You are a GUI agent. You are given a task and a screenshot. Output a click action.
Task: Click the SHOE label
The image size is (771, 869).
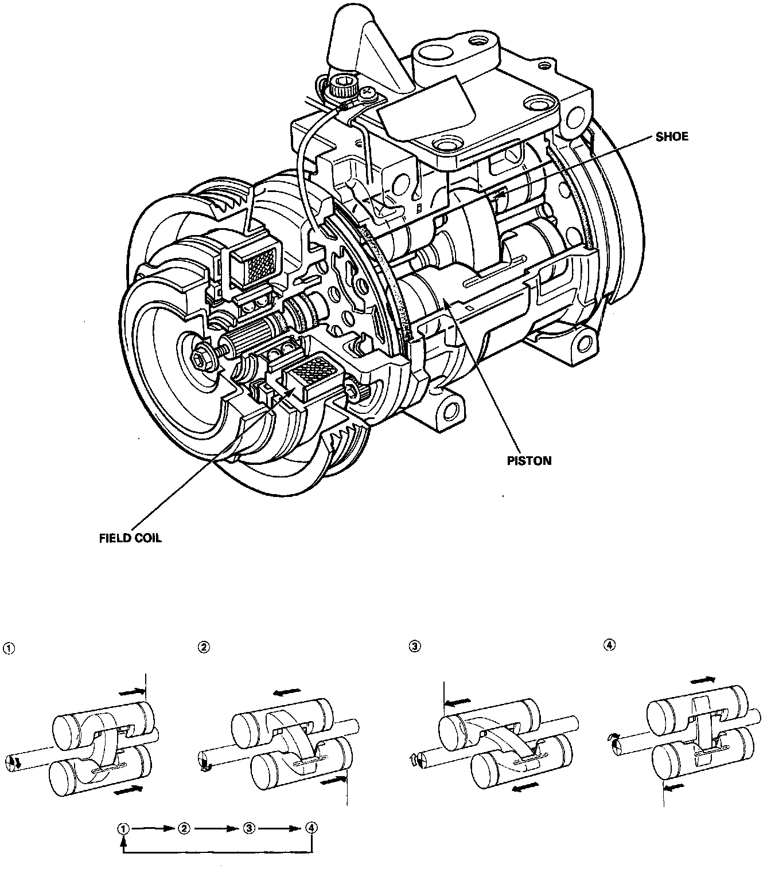672,137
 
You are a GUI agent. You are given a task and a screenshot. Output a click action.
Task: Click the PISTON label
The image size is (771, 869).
529,460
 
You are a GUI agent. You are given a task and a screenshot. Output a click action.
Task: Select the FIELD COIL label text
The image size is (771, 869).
130,538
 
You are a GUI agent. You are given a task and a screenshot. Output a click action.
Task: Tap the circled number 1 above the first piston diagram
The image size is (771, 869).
8,648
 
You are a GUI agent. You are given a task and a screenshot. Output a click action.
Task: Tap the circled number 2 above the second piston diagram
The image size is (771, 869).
203,647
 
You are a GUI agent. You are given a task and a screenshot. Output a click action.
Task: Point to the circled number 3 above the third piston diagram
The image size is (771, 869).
414,646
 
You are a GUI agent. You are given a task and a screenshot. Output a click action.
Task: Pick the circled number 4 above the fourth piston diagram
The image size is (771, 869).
610,645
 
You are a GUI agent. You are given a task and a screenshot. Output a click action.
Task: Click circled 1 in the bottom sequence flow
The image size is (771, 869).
123,828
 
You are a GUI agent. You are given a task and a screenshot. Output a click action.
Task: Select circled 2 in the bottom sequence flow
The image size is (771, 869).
184,828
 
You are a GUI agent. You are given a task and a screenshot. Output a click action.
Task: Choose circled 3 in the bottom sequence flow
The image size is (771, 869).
248,828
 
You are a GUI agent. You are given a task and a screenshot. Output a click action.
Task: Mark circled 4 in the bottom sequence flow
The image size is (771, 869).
311,828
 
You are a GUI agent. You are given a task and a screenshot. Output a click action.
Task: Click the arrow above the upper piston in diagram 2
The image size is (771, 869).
287,692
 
